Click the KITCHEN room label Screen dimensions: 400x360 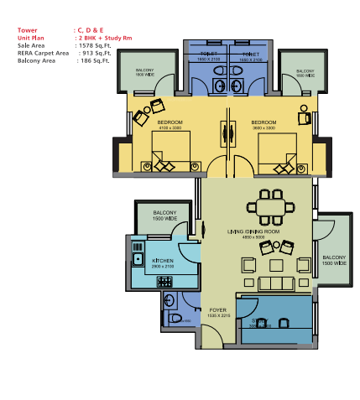(162, 261)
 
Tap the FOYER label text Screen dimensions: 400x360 (218, 309)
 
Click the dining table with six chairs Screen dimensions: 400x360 (269, 206)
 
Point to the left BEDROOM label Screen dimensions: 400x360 (170, 122)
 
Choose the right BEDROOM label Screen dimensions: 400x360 (264, 122)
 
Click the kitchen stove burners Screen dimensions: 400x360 (164, 282)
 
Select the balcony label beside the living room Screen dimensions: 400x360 (334, 260)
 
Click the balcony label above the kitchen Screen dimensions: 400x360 (164, 215)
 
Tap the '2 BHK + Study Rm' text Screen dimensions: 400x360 (105, 38)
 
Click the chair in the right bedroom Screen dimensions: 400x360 (305, 118)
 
